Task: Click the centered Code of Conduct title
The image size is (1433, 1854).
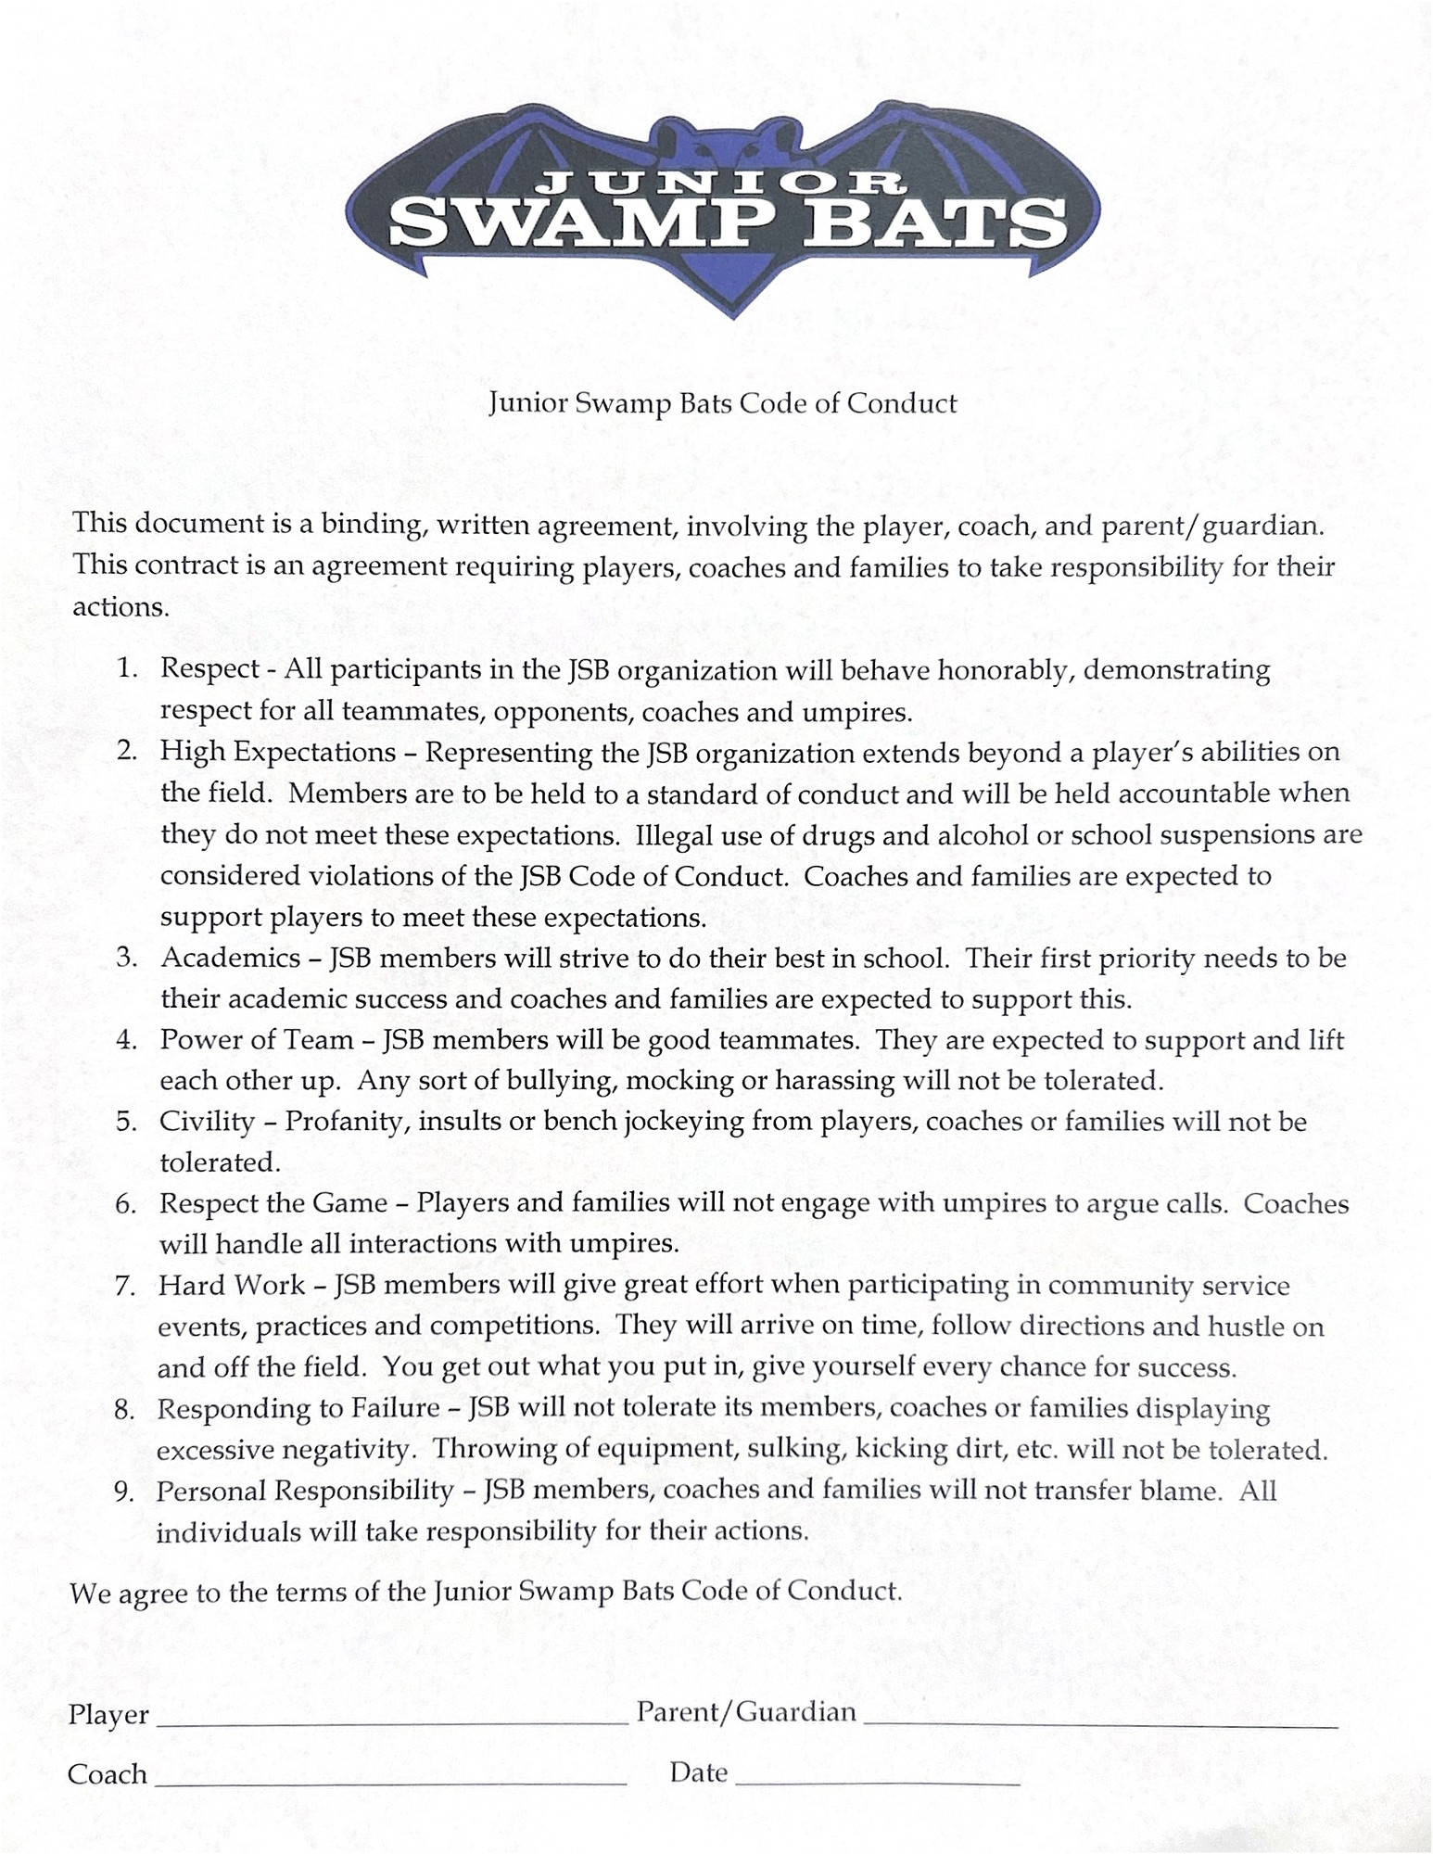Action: (723, 403)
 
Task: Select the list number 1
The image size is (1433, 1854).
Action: (128, 668)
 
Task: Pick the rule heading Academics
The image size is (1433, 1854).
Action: (231, 958)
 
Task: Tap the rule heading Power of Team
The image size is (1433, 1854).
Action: (257, 1040)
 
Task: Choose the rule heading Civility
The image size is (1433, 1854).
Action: (207, 1122)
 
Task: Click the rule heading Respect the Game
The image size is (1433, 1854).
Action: (273, 1203)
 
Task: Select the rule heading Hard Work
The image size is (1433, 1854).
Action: (232, 1286)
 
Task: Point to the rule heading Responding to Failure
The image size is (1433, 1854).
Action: (298, 1409)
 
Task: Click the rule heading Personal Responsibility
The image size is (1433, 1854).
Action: (304, 1492)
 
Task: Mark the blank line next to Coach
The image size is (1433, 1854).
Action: (390, 1783)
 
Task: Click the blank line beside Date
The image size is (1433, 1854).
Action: (878, 1784)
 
